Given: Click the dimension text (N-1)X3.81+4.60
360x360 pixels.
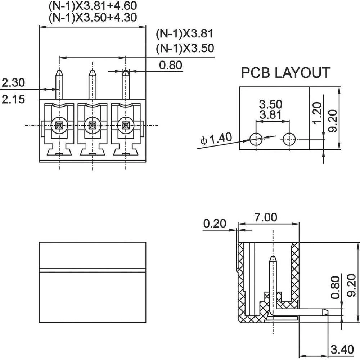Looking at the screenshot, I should click(93, 6).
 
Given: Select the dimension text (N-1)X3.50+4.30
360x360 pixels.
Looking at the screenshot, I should click(93, 17).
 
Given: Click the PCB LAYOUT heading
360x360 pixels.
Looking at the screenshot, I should click(285, 73).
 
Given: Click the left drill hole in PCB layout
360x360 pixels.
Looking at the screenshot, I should click(256, 138).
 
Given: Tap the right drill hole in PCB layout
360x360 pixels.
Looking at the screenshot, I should click(289, 138).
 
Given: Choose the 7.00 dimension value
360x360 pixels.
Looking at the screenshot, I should click(265, 217).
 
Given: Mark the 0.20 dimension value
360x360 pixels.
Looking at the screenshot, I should click(215, 224).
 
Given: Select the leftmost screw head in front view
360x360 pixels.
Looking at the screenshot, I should click(58, 126).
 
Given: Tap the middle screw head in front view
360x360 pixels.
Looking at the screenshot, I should click(92, 126).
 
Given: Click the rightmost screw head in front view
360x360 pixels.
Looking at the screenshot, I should click(126, 126).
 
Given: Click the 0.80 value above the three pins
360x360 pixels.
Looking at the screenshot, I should click(170, 65).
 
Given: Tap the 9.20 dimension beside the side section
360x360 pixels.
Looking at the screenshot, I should click(352, 284).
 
